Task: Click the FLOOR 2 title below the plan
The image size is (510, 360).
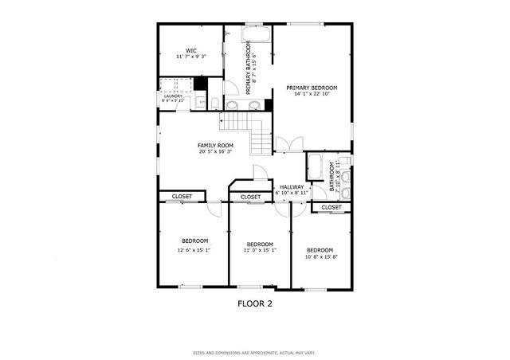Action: (255, 303)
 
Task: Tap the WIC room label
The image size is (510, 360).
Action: (191, 51)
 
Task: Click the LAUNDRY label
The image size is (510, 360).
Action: (173, 96)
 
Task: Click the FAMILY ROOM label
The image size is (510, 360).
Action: (215, 145)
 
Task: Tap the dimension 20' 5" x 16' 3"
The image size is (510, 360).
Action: (215, 151)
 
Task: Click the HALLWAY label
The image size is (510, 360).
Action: (291, 186)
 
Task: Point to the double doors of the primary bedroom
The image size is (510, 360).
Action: (288, 145)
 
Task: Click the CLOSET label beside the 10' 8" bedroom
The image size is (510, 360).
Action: (331, 207)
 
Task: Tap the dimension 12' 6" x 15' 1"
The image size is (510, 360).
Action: (194, 249)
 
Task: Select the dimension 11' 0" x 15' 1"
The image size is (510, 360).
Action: (260, 251)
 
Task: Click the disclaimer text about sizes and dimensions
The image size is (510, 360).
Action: (255, 352)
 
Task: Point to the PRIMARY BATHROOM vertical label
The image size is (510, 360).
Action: (250, 68)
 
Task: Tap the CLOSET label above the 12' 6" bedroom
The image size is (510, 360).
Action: (182, 196)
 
